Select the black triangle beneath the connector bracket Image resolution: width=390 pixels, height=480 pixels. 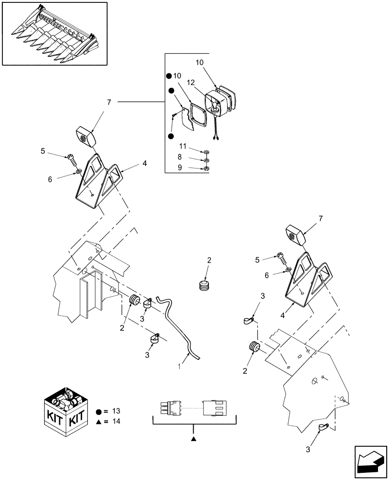pyautogui.click(x=194, y=439)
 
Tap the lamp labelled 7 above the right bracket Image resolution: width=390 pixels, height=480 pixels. pyautogui.click(x=298, y=235)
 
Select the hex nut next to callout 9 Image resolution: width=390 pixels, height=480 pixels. pyautogui.click(x=206, y=168)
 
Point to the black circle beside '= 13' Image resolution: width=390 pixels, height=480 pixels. pyautogui.click(x=98, y=412)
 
